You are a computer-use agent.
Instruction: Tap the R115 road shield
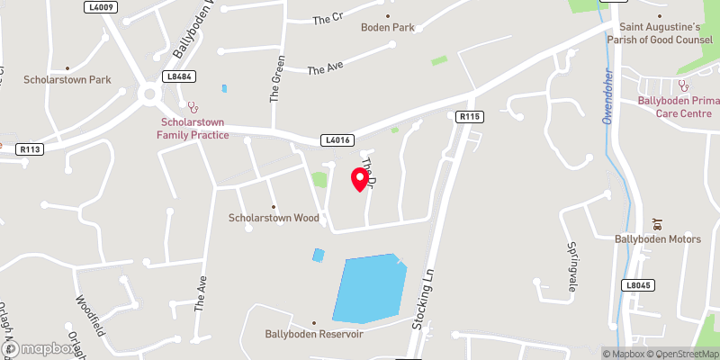click(x=470, y=116)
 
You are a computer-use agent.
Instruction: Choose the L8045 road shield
click(x=636, y=285)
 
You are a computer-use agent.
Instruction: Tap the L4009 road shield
click(x=101, y=6)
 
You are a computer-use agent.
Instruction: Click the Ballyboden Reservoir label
click(x=313, y=334)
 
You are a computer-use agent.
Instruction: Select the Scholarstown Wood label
click(x=274, y=218)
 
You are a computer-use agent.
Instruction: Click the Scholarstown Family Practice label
click(x=193, y=129)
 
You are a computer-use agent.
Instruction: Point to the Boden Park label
click(x=388, y=27)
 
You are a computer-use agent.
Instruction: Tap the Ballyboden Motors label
click(x=657, y=239)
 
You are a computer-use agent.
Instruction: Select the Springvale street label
click(x=571, y=266)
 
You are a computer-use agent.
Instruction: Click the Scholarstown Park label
click(x=67, y=80)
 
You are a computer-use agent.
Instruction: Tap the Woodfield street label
click(x=90, y=314)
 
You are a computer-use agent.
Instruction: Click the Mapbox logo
click(x=40, y=348)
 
